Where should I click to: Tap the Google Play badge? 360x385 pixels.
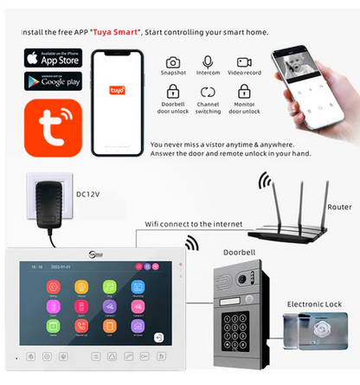pos(52,80)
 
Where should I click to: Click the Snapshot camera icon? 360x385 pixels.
pos(173,62)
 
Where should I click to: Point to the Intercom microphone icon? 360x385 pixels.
pos(208,62)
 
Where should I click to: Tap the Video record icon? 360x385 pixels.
pos(244,62)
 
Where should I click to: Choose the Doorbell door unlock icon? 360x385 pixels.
pos(173,91)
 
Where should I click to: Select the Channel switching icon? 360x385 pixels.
pos(208,91)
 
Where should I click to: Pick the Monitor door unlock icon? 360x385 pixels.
pos(244,91)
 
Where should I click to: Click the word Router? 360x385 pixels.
pos(338,208)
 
